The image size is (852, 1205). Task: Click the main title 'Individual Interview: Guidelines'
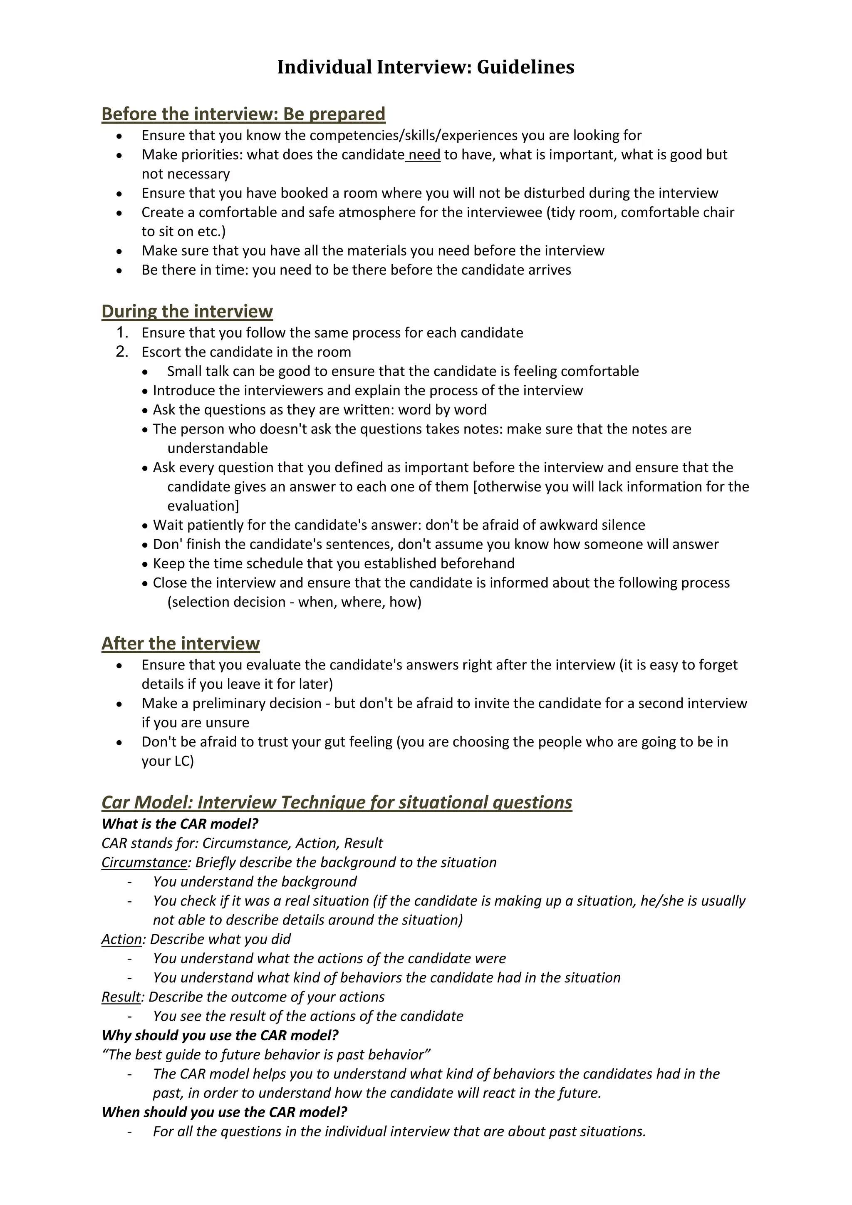(426, 67)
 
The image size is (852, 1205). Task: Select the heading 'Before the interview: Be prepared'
(243, 114)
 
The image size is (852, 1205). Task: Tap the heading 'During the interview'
(187, 311)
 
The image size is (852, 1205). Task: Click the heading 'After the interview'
(181, 643)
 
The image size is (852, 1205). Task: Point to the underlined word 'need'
(424, 155)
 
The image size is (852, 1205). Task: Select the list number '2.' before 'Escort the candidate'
(122, 352)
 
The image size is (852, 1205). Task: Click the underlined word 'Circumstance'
(144, 862)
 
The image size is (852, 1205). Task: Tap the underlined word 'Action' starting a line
(122, 939)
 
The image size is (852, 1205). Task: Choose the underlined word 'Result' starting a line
(121, 997)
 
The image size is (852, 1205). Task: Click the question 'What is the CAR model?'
(180, 824)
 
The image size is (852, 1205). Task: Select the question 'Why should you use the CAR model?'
(220, 1035)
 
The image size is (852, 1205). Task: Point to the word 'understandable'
(217, 448)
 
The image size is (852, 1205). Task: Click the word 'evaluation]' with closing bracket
(203, 506)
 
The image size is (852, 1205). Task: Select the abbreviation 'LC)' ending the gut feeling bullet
(183, 761)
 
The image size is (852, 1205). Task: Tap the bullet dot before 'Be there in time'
(120, 271)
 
